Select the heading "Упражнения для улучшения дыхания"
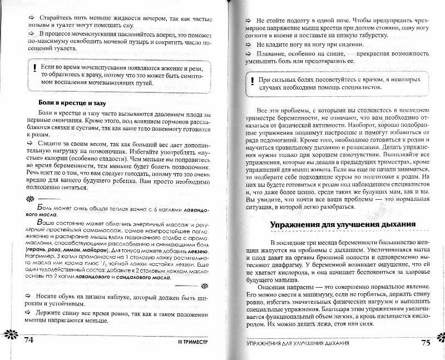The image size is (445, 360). click(343, 225)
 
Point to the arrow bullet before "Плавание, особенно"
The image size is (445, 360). click(249, 53)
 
